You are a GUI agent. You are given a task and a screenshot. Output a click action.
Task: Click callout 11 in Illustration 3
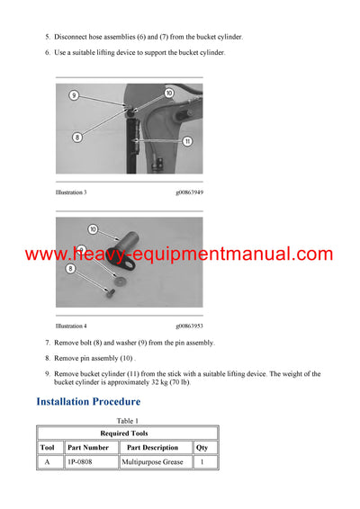point(187,141)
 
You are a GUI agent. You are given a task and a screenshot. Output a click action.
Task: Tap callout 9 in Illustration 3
point(74,94)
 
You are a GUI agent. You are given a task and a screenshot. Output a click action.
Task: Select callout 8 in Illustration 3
point(77,137)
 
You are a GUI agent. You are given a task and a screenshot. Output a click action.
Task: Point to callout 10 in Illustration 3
point(169,93)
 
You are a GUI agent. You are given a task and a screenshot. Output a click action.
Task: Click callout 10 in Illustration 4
point(92,229)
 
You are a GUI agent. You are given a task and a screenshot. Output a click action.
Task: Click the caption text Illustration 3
point(71,192)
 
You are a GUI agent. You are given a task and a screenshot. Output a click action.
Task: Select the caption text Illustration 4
point(71,326)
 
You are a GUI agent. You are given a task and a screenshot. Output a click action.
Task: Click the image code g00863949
point(189,192)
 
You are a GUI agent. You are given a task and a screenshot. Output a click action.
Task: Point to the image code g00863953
point(189,326)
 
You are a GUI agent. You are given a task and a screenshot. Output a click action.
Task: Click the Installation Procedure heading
point(88,401)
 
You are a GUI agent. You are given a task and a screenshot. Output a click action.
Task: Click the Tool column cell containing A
point(48,462)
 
